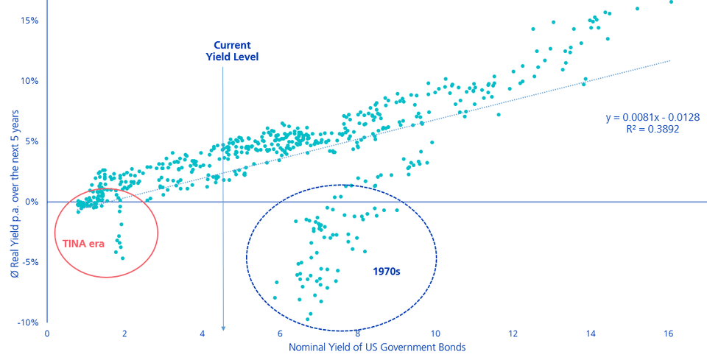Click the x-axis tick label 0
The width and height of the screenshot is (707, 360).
pos(47,333)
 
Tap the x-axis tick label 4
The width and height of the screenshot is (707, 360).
pos(203,333)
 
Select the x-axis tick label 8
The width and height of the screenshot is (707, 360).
pos(358,333)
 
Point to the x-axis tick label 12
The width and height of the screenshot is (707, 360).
pos(513,333)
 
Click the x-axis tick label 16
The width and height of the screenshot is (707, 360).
pos(669,333)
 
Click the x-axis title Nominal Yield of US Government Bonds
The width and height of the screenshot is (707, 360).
pos(376,347)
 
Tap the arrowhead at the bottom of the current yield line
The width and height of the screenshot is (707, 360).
pos(223,328)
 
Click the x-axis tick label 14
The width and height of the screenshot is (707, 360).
pos(591,333)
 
